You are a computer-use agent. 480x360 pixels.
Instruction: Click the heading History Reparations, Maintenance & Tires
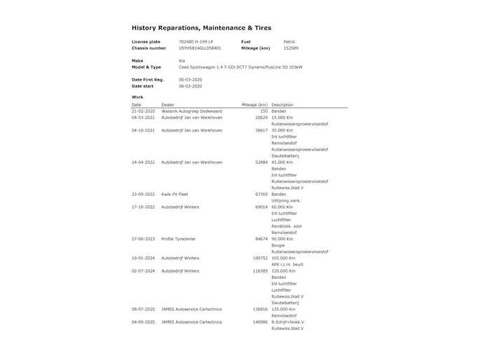201,28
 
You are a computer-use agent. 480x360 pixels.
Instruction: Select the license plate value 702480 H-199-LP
196,42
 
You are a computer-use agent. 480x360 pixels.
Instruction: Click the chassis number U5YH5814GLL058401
200,48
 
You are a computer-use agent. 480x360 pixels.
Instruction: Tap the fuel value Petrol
289,42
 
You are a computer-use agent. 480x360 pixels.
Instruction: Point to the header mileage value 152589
291,48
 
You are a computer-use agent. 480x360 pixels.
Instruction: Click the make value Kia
182,61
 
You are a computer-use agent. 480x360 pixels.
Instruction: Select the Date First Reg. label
148,80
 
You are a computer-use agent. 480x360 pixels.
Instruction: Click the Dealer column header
168,105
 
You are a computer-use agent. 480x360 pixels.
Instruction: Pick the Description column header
282,105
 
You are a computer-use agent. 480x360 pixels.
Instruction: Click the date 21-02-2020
143,111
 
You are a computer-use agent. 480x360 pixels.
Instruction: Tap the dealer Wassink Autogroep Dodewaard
191,111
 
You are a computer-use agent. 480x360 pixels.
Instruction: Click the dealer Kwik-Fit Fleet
174,194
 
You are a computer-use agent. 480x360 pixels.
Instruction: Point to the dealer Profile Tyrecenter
177,239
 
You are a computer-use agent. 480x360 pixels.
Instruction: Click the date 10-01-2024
143,258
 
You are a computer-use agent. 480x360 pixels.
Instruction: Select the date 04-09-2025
143,321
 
